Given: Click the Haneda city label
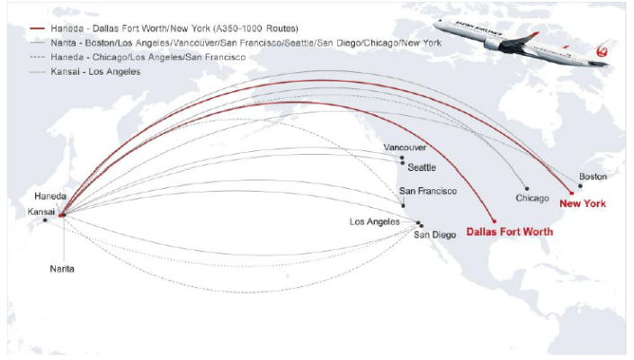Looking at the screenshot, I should (50, 196).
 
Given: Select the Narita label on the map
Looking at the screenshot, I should (62, 268).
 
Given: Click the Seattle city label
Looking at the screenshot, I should (422, 167).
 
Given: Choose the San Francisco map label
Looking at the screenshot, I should (428, 191).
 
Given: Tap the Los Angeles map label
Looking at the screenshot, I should (375, 221).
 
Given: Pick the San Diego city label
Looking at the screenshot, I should (435, 235).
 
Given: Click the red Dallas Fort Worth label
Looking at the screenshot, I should (509, 231).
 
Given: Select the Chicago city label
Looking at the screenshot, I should (532, 197).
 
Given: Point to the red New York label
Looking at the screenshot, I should (583, 203).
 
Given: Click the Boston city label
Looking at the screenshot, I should (593, 176).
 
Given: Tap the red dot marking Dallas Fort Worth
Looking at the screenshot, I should (495, 220).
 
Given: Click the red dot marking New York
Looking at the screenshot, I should (572, 193).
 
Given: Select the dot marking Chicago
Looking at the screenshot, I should (527, 188).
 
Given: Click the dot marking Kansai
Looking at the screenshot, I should (45, 220).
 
